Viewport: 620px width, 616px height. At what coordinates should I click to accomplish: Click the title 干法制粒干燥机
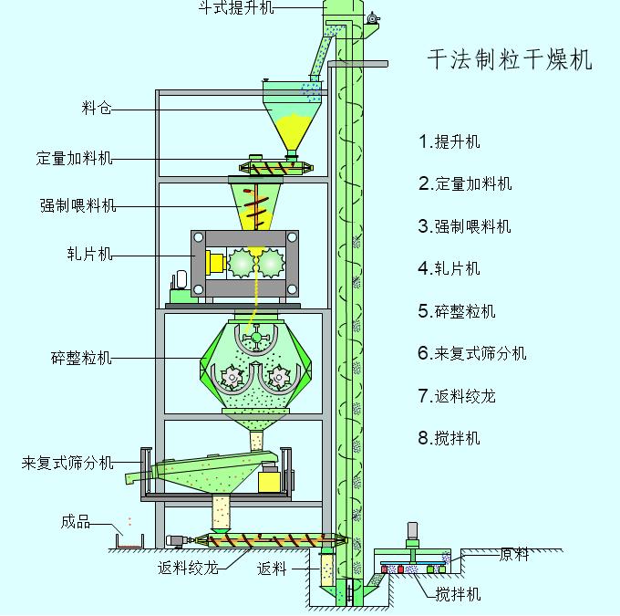click(510, 60)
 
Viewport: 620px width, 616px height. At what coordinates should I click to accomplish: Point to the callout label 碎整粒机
click(81, 358)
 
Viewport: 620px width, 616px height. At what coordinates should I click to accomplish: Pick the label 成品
click(76, 522)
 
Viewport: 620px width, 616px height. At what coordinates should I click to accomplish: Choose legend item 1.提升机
click(449, 141)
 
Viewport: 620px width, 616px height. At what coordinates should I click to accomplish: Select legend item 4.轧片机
click(449, 268)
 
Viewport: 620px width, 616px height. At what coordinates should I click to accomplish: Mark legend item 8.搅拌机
click(449, 438)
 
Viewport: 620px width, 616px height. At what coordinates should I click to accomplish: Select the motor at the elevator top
click(372, 19)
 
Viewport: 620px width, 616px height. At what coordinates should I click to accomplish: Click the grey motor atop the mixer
click(412, 531)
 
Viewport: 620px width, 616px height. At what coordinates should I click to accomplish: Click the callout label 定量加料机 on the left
click(75, 159)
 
